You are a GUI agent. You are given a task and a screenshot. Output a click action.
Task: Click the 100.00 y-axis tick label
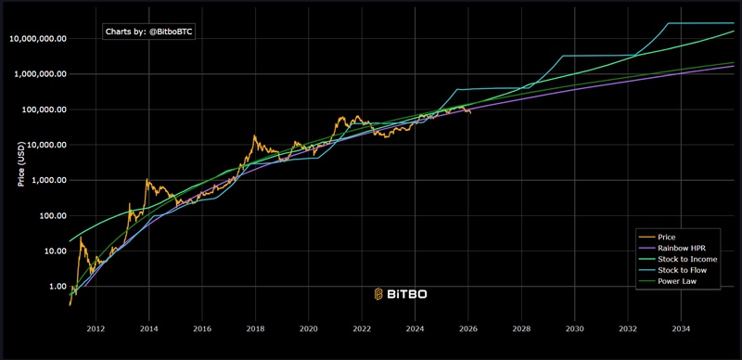tap(50, 216)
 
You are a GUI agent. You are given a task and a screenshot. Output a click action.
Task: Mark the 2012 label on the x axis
tap(96, 329)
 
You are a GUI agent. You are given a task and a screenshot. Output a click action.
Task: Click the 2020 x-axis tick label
tap(309, 329)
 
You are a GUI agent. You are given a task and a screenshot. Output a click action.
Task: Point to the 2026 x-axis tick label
tap(468, 329)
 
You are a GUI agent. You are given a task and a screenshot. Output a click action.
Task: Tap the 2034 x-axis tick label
tap(682, 329)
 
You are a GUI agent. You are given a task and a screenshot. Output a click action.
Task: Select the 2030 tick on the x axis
tap(575, 329)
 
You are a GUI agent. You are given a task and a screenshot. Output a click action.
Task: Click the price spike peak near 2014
tap(147, 179)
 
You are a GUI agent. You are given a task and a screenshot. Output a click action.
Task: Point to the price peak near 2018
tap(254, 135)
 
